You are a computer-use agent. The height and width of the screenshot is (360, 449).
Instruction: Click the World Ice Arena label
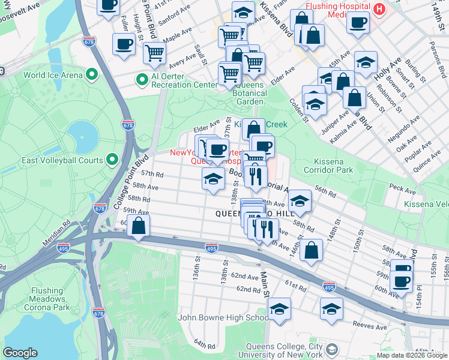(x=52, y=75)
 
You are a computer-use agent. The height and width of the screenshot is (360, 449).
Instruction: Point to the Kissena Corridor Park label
(x=334, y=166)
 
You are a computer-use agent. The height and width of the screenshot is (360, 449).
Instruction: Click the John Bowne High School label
(x=223, y=318)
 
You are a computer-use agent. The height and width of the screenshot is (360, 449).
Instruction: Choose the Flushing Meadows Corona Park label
(x=47, y=299)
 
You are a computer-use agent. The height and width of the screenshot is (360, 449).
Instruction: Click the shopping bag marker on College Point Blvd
(x=139, y=226)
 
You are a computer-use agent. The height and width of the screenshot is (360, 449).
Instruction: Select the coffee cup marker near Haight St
(x=124, y=44)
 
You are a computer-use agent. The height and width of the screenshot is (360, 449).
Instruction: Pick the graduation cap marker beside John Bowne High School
(x=279, y=309)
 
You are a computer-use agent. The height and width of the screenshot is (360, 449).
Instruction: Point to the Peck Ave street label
(x=402, y=190)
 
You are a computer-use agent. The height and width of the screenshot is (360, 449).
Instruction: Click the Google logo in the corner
(x=20, y=353)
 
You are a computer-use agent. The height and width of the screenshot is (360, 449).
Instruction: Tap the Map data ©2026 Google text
(x=411, y=355)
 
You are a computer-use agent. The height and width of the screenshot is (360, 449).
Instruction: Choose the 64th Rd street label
(x=204, y=345)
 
